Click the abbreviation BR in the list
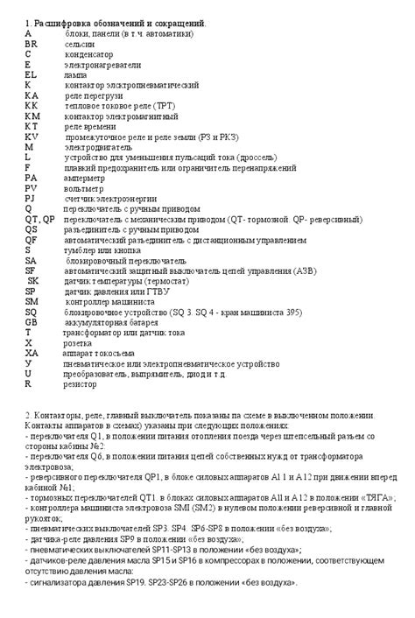pos(32,43)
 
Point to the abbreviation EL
pos(32,75)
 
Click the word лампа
pos(75,75)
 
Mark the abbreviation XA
pos(32,353)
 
